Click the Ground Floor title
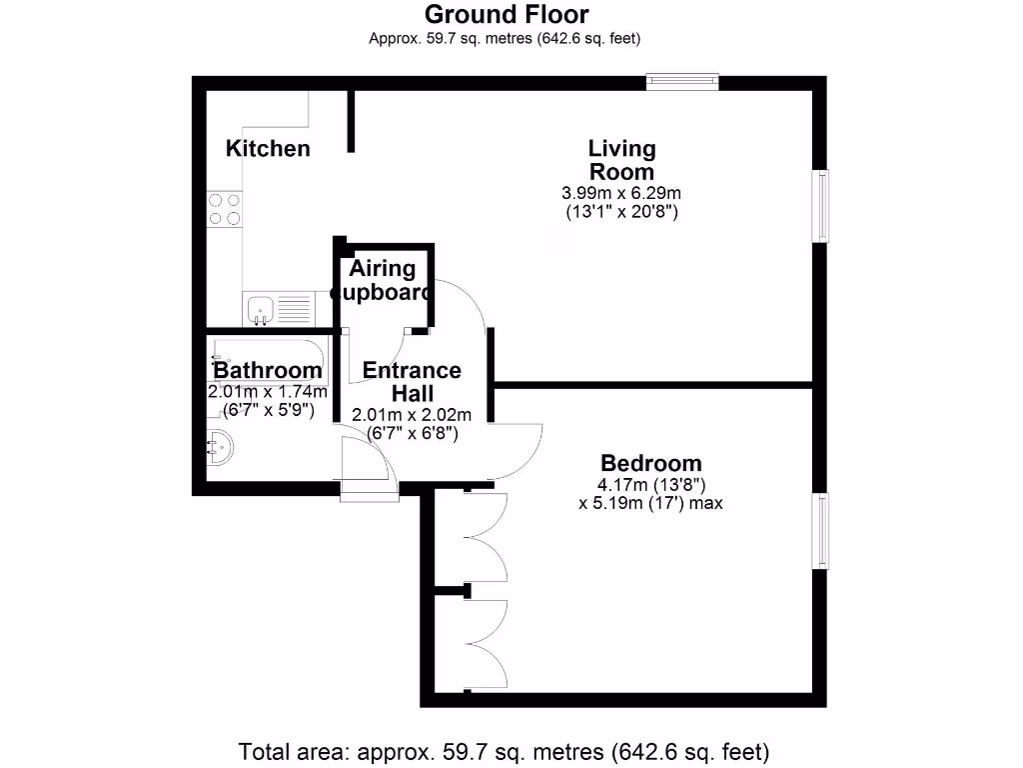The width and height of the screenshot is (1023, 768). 507,15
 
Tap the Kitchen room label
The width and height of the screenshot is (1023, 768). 268,149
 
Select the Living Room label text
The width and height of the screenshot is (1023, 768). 621,160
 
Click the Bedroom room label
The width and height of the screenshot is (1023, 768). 650,463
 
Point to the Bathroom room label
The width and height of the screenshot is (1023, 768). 267,371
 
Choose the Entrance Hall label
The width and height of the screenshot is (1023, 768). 412,381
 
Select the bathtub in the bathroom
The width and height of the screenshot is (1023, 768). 267,355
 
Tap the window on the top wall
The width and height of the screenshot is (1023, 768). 682,82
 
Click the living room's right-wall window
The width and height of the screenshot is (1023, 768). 820,206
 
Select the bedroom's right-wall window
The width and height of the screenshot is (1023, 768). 820,531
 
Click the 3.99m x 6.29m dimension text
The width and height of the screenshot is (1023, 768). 621,193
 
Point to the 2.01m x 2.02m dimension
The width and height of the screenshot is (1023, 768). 412,415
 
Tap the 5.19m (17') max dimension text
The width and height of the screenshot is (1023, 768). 650,504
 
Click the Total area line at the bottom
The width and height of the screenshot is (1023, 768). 504,750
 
